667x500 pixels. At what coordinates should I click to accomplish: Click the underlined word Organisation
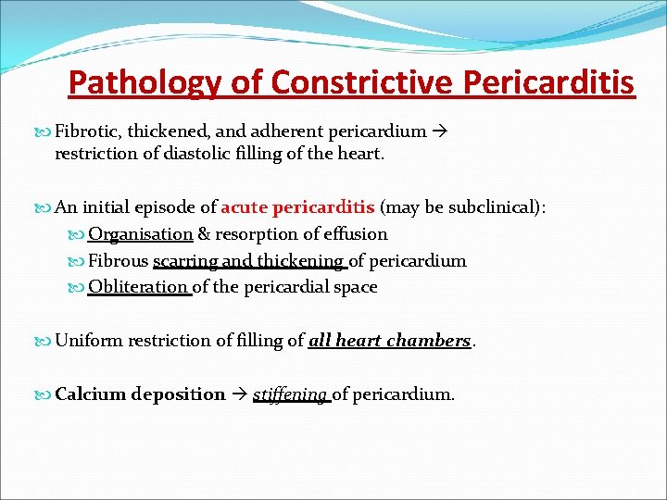coord(140,234)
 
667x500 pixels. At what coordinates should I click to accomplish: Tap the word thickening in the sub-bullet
coord(297,261)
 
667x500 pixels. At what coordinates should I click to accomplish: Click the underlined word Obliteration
coord(139,287)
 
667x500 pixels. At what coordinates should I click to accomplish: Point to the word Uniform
coord(89,341)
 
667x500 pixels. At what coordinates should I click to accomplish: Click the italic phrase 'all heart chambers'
coord(389,341)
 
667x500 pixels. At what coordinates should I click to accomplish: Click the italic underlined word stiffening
coord(290,394)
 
